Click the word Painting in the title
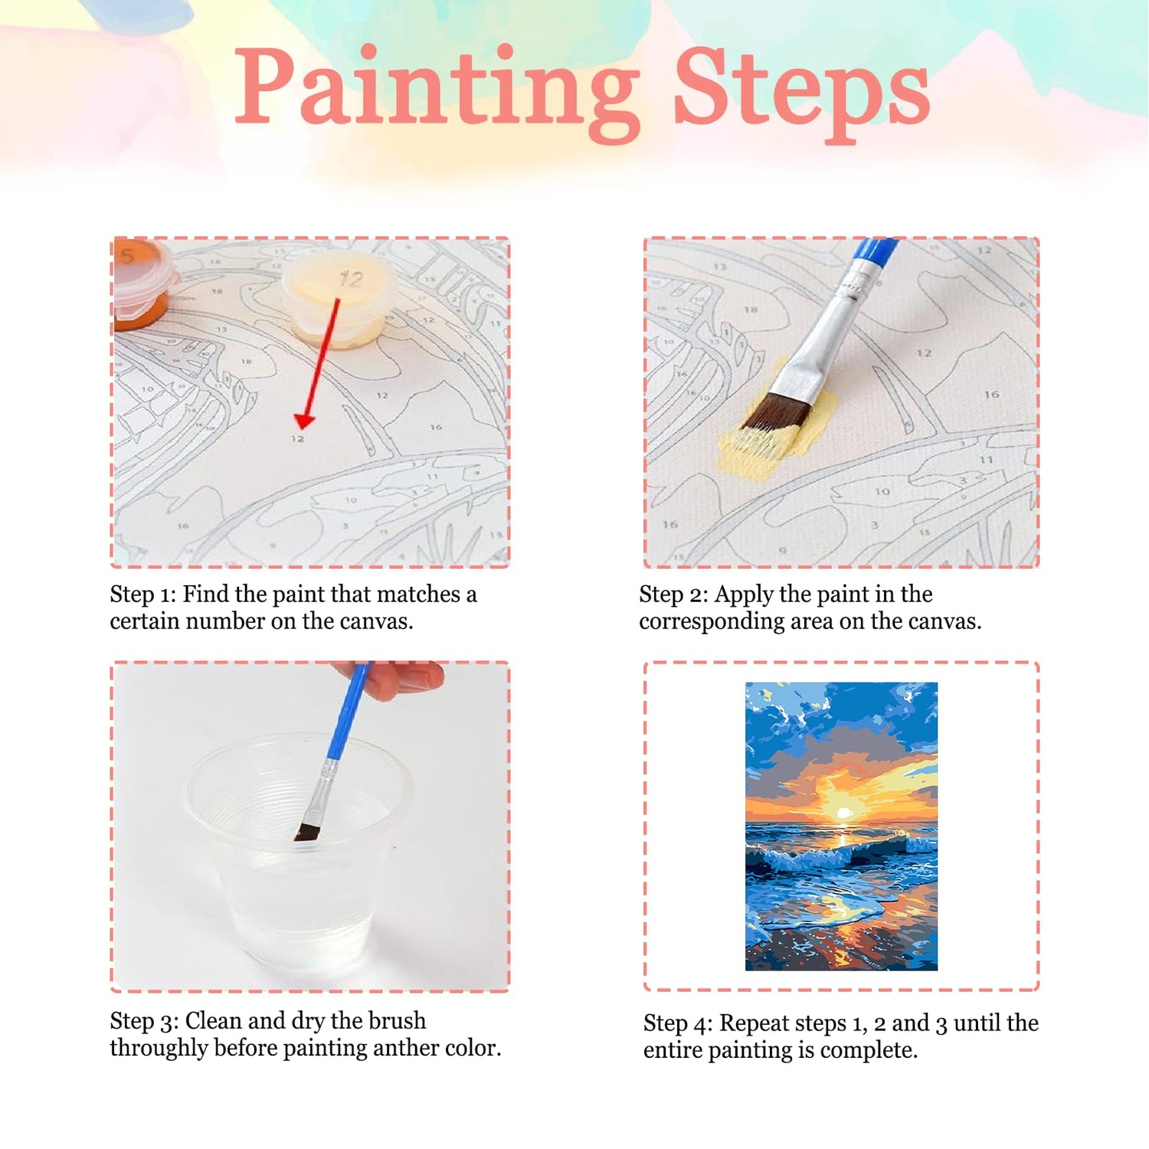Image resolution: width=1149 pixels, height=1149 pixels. click(x=437, y=92)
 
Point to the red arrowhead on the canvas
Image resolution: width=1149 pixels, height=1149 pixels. click(x=305, y=420)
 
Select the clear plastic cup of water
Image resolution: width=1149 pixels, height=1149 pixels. click(x=299, y=850)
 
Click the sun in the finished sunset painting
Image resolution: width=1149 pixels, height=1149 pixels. click(x=843, y=813)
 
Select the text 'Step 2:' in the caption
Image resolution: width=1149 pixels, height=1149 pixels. click(x=673, y=594)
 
